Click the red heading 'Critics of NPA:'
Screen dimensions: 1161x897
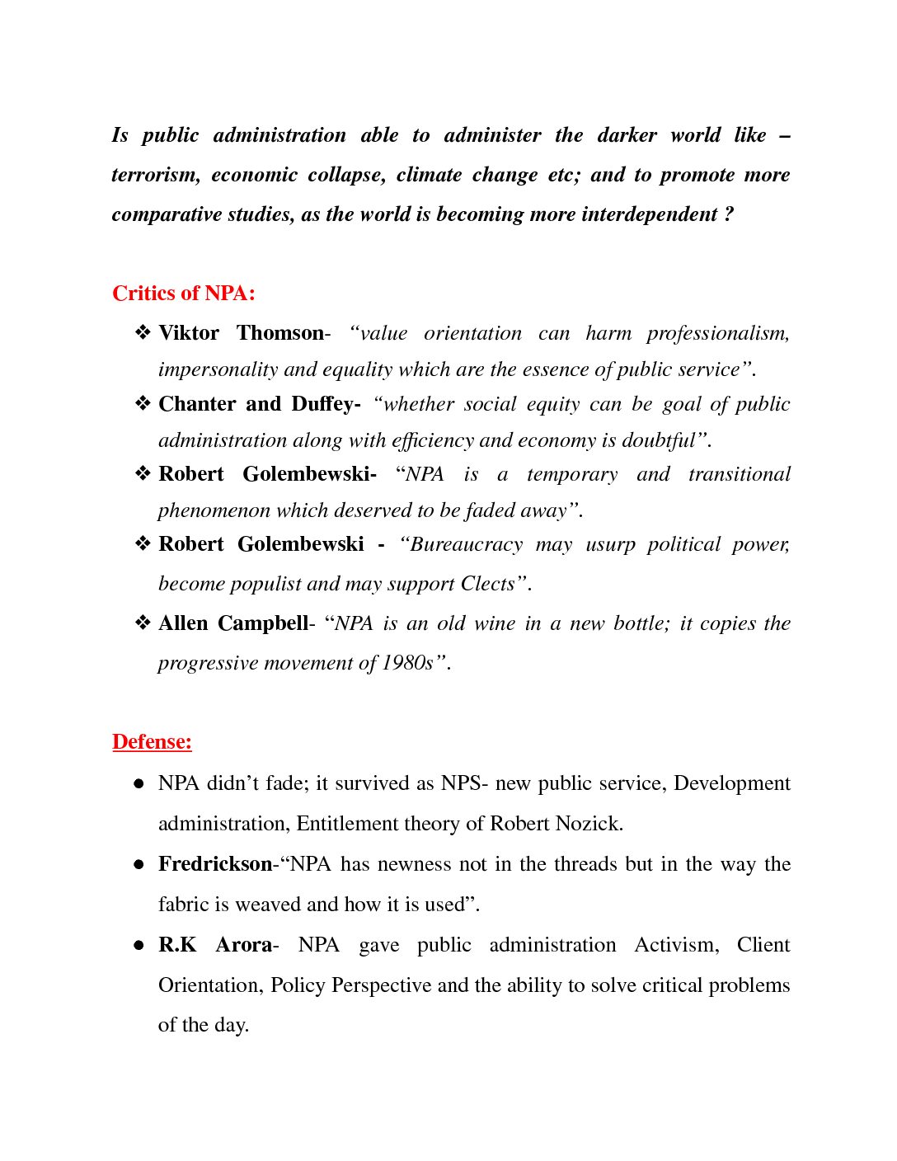pyautogui.click(x=184, y=294)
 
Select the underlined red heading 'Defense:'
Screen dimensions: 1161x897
pyautogui.click(x=152, y=742)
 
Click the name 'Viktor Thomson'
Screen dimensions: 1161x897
pyautogui.click(x=241, y=333)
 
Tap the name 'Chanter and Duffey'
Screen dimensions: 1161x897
pyautogui.click(x=259, y=404)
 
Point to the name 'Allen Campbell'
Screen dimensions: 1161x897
pyautogui.click(x=233, y=623)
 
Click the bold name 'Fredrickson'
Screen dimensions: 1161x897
pyautogui.click(x=214, y=864)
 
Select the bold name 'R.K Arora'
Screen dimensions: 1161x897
pyautogui.click(x=214, y=945)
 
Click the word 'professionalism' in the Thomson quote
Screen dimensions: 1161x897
pyautogui.click(x=717, y=334)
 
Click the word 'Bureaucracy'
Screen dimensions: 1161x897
pyautogui.click(x=467, y=545)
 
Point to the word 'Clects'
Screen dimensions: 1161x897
pyautogui.click(x=491, y=584)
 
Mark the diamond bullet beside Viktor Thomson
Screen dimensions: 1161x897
pyautogui.click(x=143, y=333)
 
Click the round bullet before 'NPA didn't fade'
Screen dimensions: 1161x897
pyautogui.click(x=139, y=784)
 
